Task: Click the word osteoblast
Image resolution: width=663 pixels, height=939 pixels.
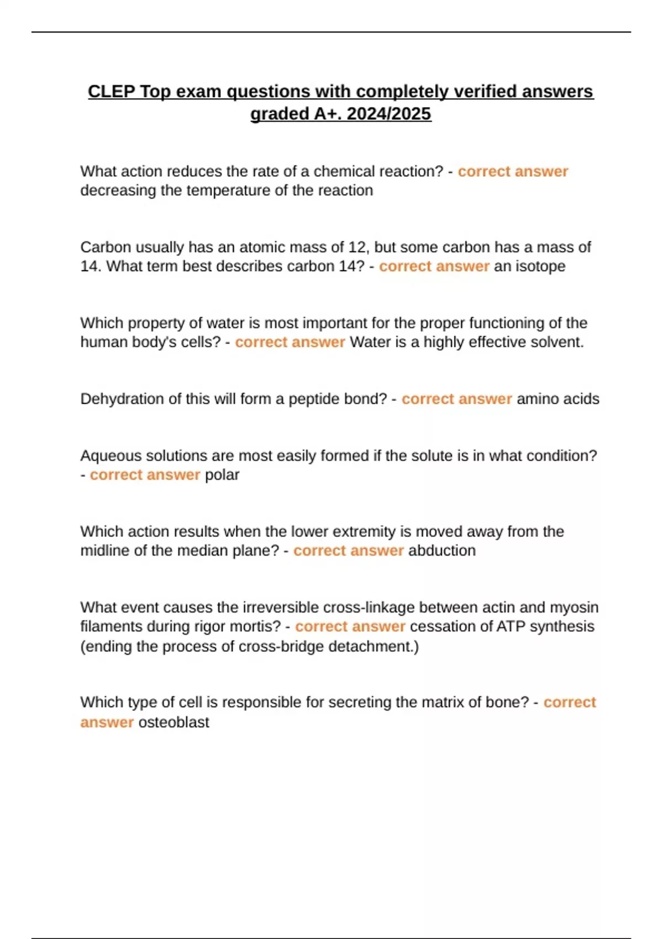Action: pyautogui.click(x=173, y=722)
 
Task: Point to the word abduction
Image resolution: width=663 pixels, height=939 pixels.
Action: pyautogui.click(x=442, y=551)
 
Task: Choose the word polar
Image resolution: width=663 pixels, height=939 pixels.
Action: pyautogui.click(x=222, y=475)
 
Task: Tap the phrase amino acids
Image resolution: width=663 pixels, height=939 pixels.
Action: pyautogui.click(x=557, y=399)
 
